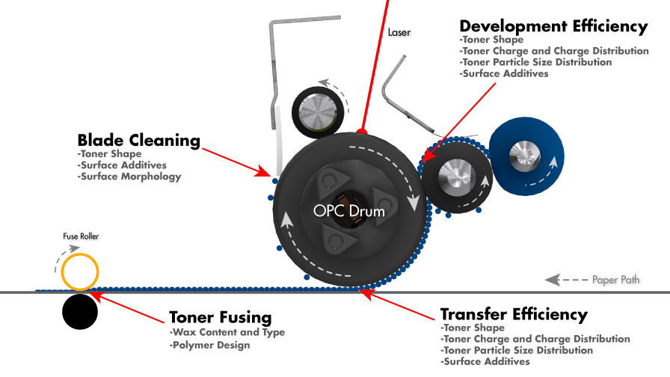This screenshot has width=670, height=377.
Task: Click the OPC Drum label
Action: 348,211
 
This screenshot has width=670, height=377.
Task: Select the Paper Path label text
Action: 615,280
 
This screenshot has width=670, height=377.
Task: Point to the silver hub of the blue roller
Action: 524,154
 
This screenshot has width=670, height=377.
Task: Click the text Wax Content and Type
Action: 228,332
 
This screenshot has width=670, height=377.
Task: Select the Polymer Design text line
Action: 210,346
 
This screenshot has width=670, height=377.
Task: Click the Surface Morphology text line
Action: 129,177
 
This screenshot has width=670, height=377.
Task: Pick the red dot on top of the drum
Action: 362,131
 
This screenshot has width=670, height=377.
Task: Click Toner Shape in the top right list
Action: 492,40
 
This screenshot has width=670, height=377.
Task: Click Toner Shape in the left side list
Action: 109,154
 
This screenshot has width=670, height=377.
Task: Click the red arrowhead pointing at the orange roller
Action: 95,295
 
